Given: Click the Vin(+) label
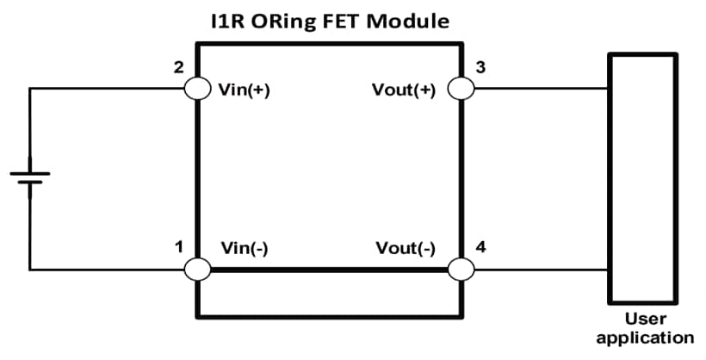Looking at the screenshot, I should tap(245, 89).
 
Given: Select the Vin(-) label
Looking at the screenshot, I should tap(245, 249).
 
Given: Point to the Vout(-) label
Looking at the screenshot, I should tap(406, 249).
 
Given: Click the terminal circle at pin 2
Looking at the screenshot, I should tap(197, 89).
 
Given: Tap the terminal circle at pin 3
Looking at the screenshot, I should tap(461, 89).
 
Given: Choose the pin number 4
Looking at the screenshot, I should tap(480, 248).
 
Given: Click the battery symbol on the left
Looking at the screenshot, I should tap(30, 178).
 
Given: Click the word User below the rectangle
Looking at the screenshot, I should tap(645, 320).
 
